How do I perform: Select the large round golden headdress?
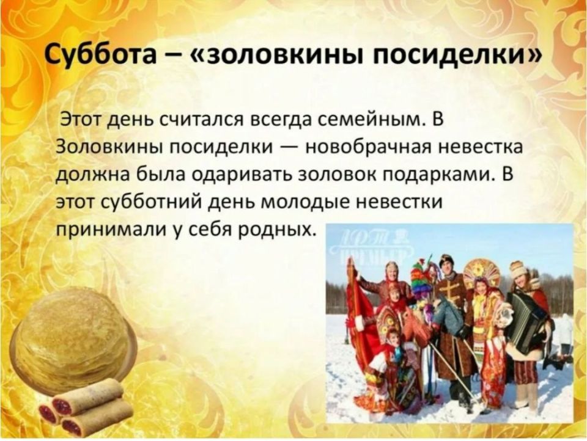[482, 272]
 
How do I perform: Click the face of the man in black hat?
[446, 266]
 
